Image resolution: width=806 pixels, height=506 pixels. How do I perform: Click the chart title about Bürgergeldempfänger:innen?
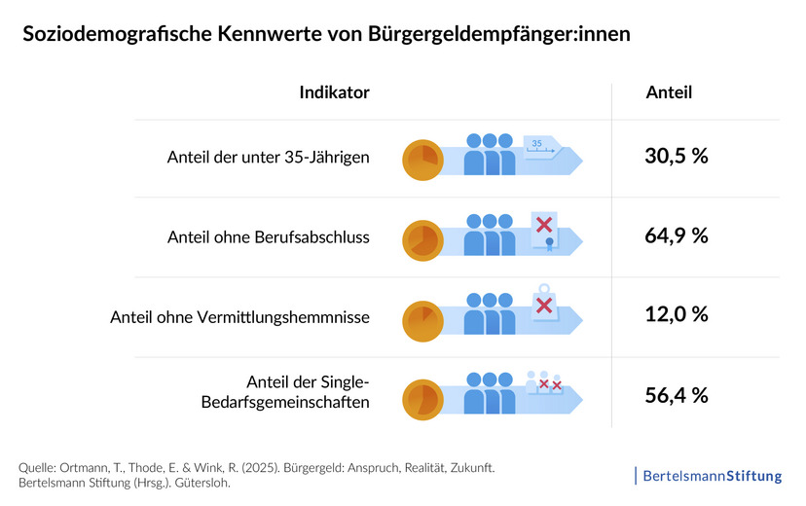326,35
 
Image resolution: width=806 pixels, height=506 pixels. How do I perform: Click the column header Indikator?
334,92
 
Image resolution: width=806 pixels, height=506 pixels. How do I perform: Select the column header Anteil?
669,92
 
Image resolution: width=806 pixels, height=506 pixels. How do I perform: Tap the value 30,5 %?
676,156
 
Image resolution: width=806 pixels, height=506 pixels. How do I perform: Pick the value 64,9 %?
676,235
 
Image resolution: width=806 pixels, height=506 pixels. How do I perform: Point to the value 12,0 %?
676,314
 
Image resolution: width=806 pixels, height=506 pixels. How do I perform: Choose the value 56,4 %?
676,394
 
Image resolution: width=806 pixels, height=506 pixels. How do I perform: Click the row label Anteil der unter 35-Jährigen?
268,157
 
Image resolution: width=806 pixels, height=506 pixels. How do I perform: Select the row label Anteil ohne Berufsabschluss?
268,236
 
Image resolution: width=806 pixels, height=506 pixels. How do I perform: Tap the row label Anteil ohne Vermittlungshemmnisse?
239,316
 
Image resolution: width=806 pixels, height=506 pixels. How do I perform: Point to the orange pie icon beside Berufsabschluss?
422,239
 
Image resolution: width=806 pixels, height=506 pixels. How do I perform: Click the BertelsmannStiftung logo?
709,476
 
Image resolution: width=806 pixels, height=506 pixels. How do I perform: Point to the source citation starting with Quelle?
257,476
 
